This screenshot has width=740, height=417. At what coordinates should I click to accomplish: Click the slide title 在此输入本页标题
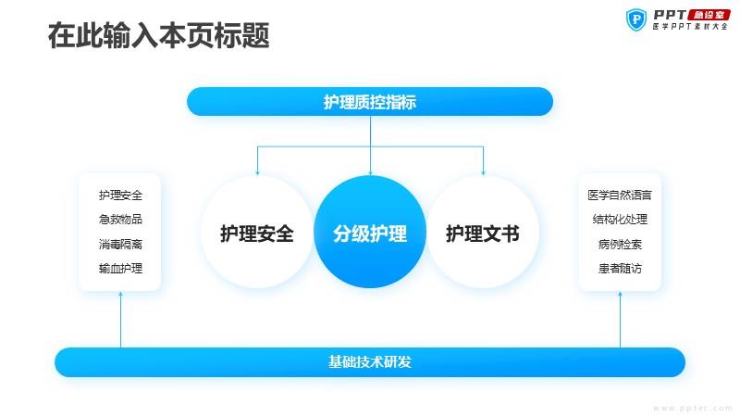(158, 35)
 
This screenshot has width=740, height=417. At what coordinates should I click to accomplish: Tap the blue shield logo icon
(636, 19)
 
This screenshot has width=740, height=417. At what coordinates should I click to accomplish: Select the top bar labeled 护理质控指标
(370, 101)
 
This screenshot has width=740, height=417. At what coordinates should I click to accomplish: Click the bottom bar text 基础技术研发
(370, 361)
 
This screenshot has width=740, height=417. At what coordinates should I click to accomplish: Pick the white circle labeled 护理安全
(257, 233)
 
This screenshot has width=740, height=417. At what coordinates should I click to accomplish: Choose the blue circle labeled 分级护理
(370, 233)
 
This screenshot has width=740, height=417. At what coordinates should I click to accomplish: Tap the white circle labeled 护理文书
(483, 233)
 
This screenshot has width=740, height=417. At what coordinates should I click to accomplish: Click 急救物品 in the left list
(120, 220)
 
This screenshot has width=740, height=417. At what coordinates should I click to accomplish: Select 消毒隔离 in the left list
(120, 244)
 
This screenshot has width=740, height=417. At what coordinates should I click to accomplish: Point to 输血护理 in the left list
(120, 269)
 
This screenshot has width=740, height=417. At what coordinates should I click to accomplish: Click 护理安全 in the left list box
(120, 195)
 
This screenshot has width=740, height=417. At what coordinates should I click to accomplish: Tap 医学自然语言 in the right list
(620, 195)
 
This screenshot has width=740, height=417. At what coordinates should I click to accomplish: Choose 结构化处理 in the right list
(620, 220)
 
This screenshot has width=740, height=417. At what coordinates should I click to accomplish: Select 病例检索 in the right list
(620, 244)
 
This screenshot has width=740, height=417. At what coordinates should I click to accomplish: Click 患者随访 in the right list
(620, 269)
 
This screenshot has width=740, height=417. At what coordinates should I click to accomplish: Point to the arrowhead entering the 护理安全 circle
(257, 173)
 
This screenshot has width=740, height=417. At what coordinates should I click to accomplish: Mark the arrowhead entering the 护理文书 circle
(483, 173)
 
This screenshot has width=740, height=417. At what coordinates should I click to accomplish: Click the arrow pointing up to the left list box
(120, 320)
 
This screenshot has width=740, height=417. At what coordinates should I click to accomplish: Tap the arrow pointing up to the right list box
(620, 320)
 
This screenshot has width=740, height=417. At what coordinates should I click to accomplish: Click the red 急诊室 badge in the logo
(709, 15)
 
